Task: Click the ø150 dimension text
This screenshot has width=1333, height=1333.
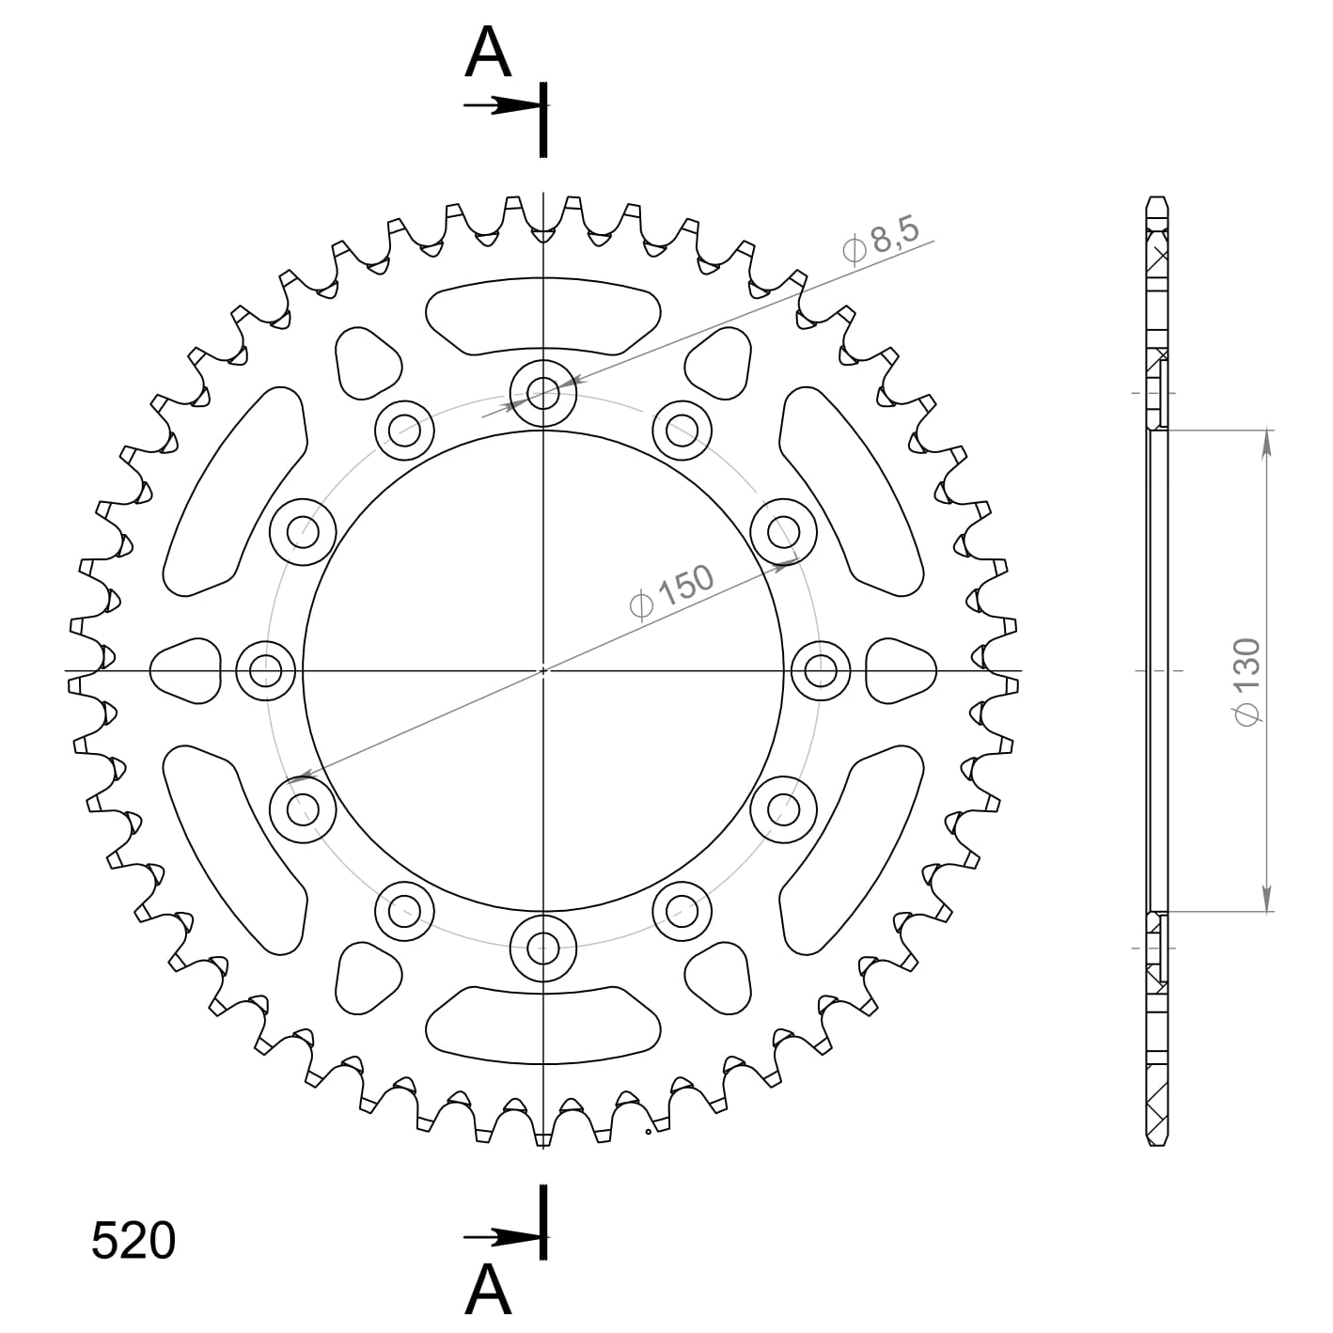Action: pos(671,591)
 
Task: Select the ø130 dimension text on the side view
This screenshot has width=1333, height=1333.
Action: pos(1248,682)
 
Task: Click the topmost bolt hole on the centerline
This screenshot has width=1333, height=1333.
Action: pos(543,394)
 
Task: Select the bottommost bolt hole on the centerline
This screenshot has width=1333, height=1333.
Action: pos(543,949)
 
